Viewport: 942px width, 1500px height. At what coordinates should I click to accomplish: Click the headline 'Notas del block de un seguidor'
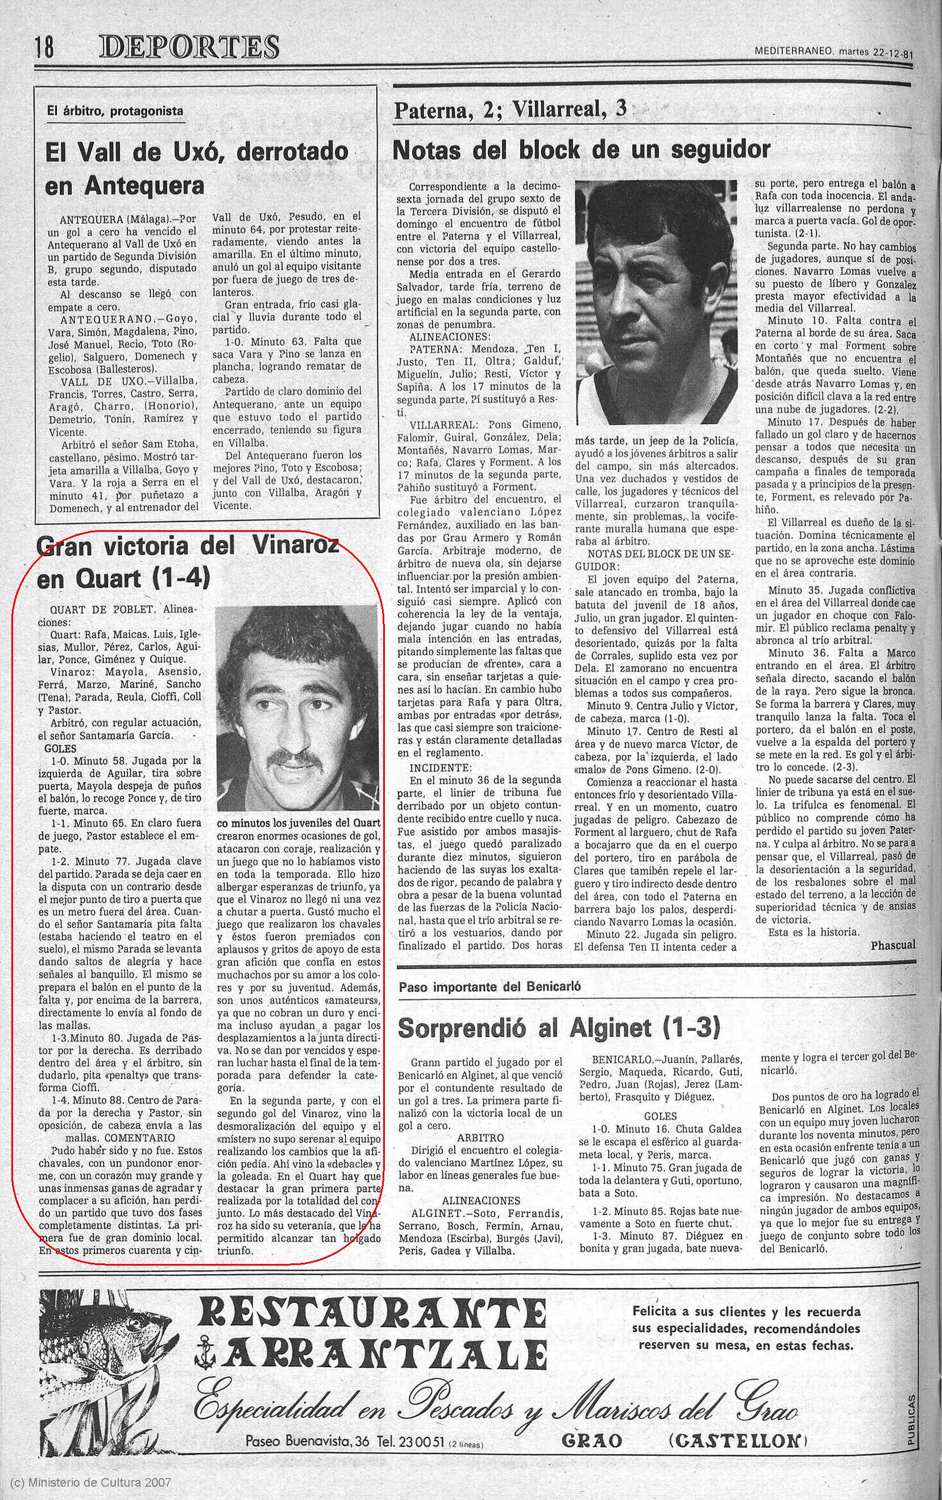581,150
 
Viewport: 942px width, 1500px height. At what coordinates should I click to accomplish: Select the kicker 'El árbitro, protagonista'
115,111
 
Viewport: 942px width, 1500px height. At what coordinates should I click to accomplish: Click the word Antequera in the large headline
144,185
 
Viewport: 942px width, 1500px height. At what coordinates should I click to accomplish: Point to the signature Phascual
893,945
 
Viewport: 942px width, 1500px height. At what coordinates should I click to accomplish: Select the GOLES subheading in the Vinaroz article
61,749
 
